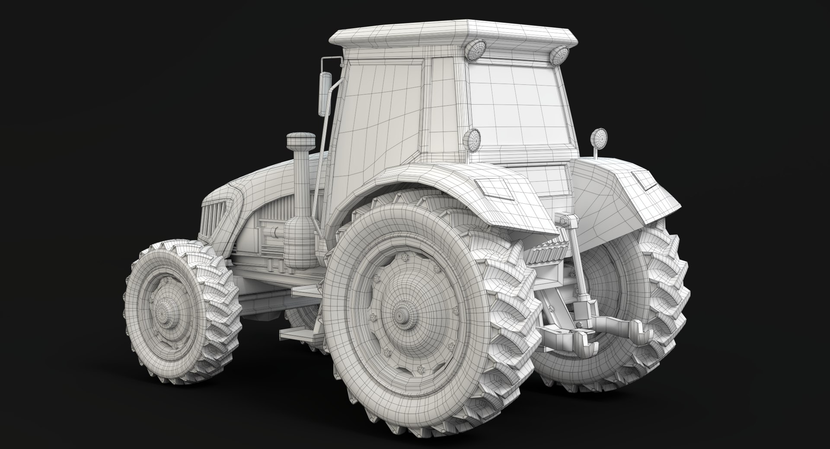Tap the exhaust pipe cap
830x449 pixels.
[297, 141]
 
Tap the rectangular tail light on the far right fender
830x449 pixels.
[644, 181]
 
